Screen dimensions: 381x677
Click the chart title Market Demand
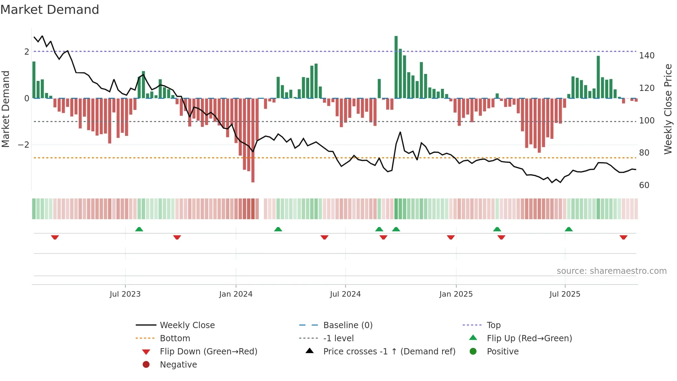pyautogui.click(x=50, y=10)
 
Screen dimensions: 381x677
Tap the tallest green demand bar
pyautogui.click(x=396, y=67)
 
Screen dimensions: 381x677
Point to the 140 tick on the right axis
pyautogui.click(x=647, y=56)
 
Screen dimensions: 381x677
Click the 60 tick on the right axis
pyautogui.click(x=644, y=185)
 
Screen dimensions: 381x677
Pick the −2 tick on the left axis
pyautogui.click(x=24, y=145)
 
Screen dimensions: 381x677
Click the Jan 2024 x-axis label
pyautogui.click(x=236, y=294)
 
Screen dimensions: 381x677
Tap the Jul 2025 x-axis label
pyautogui.click(x=565, y=294)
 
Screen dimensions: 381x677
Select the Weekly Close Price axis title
pyautogui.click(x=668, y=109)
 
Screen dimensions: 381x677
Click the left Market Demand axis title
pyautogui.click(x=6, y=109)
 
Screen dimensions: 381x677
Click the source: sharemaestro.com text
pyautogui.click(x=611, y=271)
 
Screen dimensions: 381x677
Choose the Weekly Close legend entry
pyautogui.click(x=187, y=325)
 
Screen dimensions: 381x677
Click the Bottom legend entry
pyautogui.click(x=175, y=338)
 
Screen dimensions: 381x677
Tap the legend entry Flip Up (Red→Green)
pyautogui.click(x=529, y=338)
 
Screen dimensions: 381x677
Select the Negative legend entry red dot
pyautogui.click(x=146, y=365)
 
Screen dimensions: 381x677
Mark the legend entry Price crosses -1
pyautogui.click(x=389, y=352)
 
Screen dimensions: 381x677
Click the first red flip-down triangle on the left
pyautogui.click(x=55, y=237)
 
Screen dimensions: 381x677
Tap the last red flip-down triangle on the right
pyautogui.click(x=623, y=237)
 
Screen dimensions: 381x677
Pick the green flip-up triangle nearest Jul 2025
pyautogui.click(x=569, y=229)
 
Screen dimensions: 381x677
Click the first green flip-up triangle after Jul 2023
pyautogui.click(x=139, y=229)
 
